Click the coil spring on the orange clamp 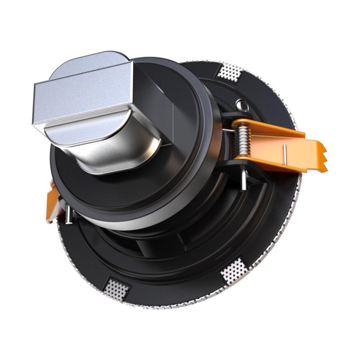pyautogui.click(x=243, y=138)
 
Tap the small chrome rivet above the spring pyautogui.click(x=243, y=106)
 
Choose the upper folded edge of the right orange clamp pyautogui.click(x=270, y=128)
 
